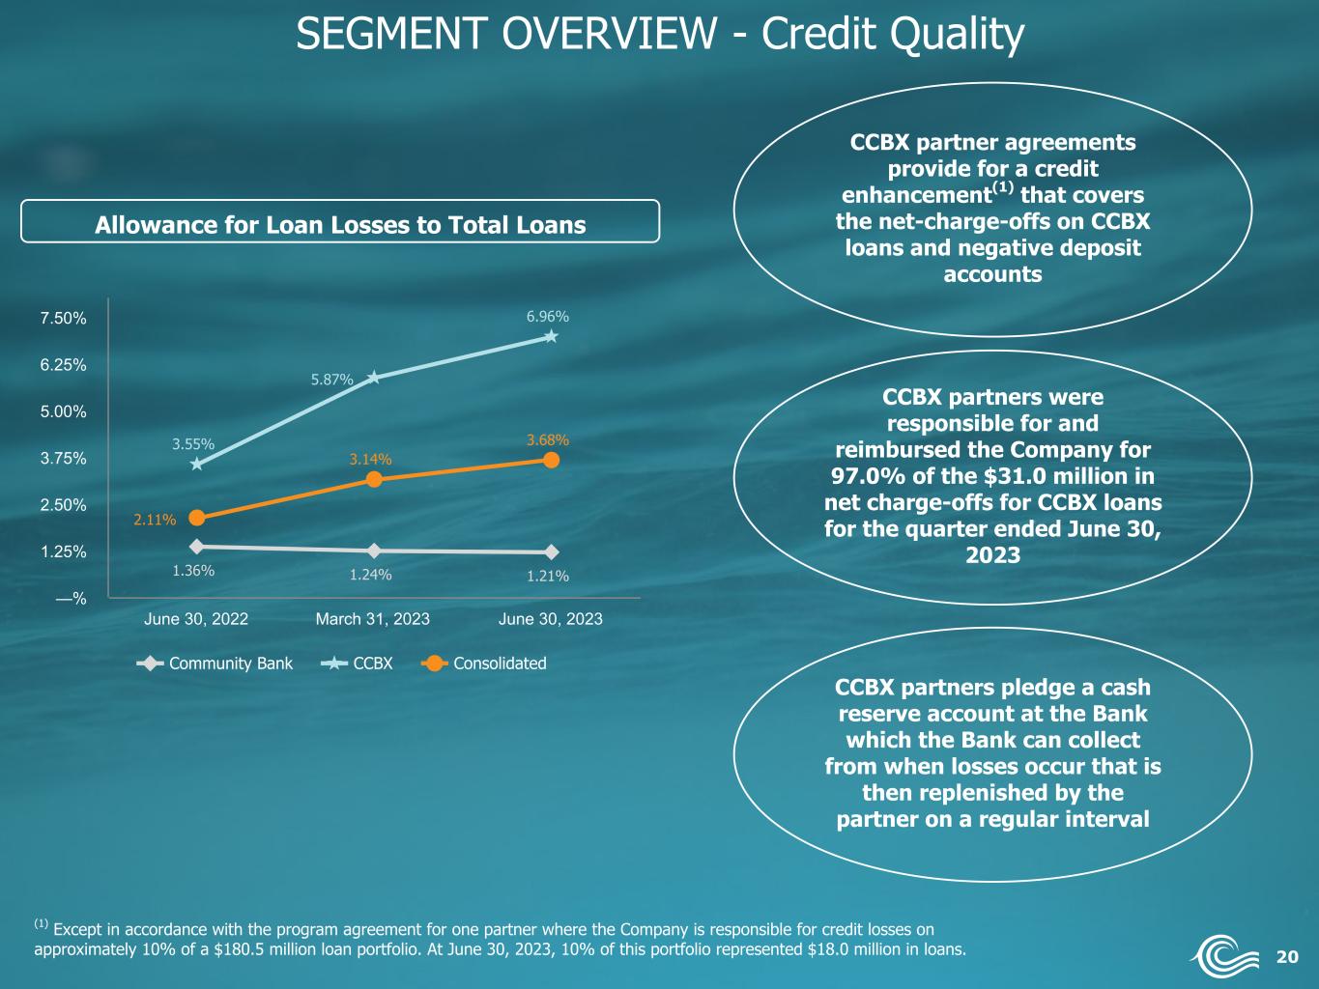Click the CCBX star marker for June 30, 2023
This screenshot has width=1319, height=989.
click(551, 336)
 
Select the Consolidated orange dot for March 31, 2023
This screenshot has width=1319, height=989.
click(374, 479)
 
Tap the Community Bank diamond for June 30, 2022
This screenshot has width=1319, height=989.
click(196, 547)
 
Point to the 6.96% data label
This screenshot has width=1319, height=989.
click(548, 317)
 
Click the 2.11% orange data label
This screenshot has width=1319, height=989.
click(155, 520)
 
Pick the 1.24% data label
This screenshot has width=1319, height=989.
click(370, 575)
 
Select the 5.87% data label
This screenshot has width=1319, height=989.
click(331, 380)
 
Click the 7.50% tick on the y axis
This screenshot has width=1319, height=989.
click(63, 319)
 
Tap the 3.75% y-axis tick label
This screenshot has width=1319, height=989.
click(63, 459)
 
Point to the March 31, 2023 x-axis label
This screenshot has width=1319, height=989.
click(373, 619)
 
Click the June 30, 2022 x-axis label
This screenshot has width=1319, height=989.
click(196, 619)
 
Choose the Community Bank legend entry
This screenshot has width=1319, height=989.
click(215, 664)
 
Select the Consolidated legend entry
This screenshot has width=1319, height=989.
click(484, 664)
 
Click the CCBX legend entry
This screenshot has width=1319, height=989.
click(357, 664)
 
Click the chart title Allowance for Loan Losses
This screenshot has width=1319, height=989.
click(340, 225)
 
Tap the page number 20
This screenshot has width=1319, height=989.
click(1287, 956)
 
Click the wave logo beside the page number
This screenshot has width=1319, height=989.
click(1223, 954)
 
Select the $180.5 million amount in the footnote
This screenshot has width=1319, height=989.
click(262, 949)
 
